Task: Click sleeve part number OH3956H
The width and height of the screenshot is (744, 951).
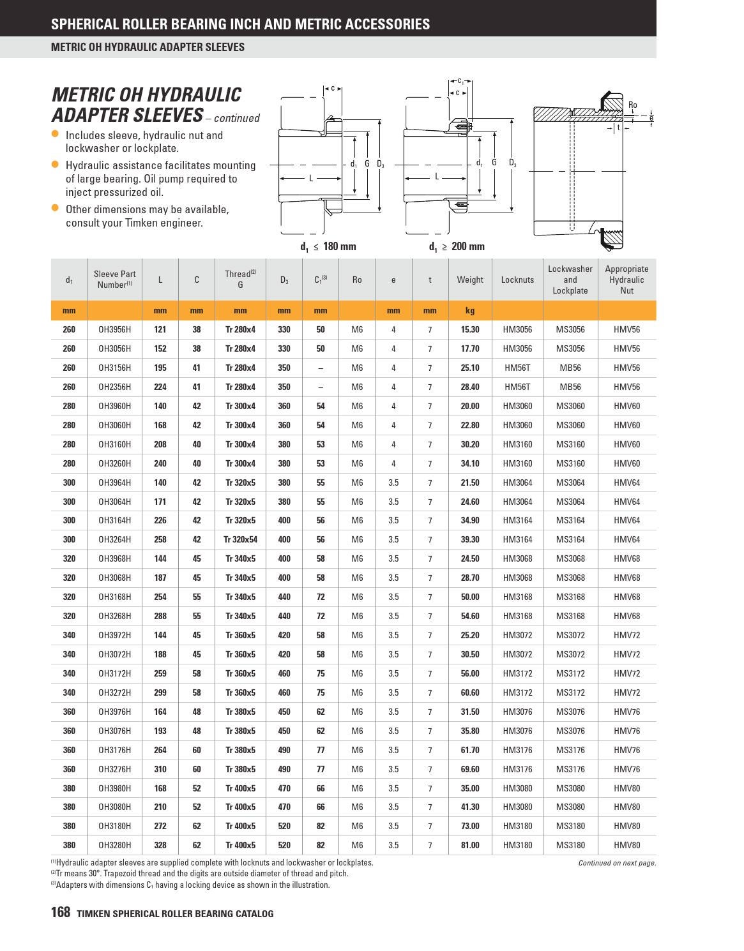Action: [x=114, y=329]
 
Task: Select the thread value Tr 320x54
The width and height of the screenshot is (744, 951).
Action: [x=240, y=539]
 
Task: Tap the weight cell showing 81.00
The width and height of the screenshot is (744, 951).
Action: [x=469, y=845]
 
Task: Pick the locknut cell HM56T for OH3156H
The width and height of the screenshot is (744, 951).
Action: [x=517, y=368]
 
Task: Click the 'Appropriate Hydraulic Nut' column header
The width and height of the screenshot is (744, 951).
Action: [x=626, y=280]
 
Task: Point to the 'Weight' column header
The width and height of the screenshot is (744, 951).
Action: [x=469, y=280]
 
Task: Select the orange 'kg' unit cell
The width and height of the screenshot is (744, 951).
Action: [x=469, y=311]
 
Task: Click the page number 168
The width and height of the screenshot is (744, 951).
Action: [x=60, y=913]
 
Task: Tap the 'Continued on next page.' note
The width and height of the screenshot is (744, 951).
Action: [x=617, y=863]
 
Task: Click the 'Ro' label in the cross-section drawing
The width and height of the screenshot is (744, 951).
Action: [x=632, y=105]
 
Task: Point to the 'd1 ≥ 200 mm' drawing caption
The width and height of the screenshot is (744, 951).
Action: [x=457, y=246]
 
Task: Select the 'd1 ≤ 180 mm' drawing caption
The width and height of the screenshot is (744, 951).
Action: [x=328, y=246]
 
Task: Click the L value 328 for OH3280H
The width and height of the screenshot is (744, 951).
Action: [x=160, y=845]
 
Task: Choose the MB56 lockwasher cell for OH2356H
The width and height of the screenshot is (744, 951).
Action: [x=570, y=387]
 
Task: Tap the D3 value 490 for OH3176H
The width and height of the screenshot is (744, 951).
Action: [x=284, y=750]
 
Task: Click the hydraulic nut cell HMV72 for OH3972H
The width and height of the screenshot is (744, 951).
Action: [x=626, y=635]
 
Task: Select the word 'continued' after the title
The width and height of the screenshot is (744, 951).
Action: [x=237, y=118]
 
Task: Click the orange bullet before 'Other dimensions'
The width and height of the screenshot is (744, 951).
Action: [x=55, y=208]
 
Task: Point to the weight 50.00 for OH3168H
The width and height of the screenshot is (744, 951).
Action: [x=469, y=597]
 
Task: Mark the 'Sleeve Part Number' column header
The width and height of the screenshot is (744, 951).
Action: [x=114, y=280]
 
